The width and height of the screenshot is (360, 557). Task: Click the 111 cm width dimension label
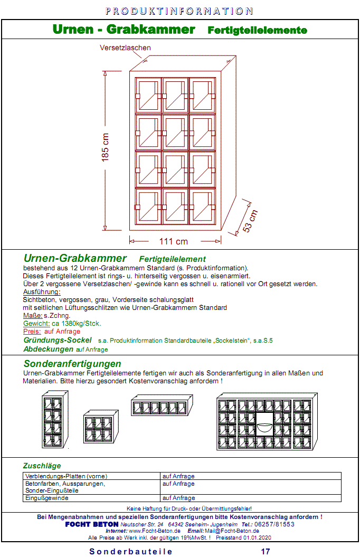tap(174, 241)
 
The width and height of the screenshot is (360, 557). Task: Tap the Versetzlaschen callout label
tap(125, 48)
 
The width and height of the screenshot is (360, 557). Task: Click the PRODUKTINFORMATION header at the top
tap(179, 11)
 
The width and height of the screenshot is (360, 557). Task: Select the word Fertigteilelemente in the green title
tap(258, 31)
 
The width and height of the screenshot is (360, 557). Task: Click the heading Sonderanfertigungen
tap(72, 364)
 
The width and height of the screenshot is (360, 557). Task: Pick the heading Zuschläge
tap(42, 466)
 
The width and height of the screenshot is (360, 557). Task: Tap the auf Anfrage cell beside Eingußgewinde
tap(178, 498)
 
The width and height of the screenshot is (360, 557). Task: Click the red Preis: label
tap(32, 332)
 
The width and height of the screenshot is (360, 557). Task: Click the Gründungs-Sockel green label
tap(58, 341)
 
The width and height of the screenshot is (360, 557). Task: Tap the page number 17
tap(266, 551)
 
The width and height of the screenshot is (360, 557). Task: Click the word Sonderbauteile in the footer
tap(131, 551)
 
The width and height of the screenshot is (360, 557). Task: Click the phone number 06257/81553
tap(276, 524)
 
